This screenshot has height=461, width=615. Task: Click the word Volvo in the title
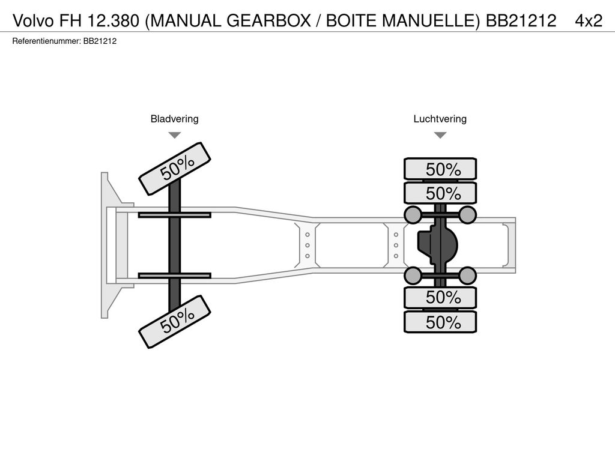[x=34, y=20]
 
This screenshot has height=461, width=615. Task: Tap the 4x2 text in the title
[x=589, y=20]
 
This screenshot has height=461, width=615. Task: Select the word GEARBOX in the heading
[x=268, y=20]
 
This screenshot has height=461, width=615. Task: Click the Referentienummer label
[x=46, y=41]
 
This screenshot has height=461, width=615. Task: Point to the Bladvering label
[x=175, y=119]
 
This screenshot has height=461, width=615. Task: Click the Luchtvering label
[x=440, y=119]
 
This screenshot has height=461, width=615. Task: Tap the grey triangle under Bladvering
[x=175, y=135]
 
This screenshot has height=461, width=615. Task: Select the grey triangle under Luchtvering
[x=440, y=135]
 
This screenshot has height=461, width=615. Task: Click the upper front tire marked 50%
[x=175, y=169]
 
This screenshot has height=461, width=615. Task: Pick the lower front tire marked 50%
[x=175, y=322]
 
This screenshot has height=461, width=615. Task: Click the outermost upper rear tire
[x=440, y=169]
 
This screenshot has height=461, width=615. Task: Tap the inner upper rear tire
[x=440, y=193]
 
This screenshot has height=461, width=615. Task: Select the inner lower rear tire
[x=440, y=297]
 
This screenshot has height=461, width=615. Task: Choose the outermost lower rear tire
[x=440, y=322]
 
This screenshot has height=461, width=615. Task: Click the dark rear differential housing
[x=438, y=246]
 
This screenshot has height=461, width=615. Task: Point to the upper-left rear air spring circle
[x=413, y=214]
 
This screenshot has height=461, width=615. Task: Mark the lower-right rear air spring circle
[x=467, y=276]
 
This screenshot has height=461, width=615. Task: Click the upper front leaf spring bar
[x=175, y=215]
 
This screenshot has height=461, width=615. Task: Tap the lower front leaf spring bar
[x=175, y=276]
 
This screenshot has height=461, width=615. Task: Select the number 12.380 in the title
[x=114, y=20]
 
